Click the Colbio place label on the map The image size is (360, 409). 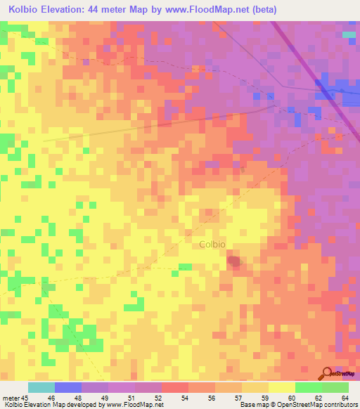[x=212, y=245]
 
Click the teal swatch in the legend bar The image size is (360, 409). [x=41, y=387]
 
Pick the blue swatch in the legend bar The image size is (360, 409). [x=67, y=387]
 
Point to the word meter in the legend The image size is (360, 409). [x=11, y=398]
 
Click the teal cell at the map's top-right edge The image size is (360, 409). [x=349, y=34]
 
